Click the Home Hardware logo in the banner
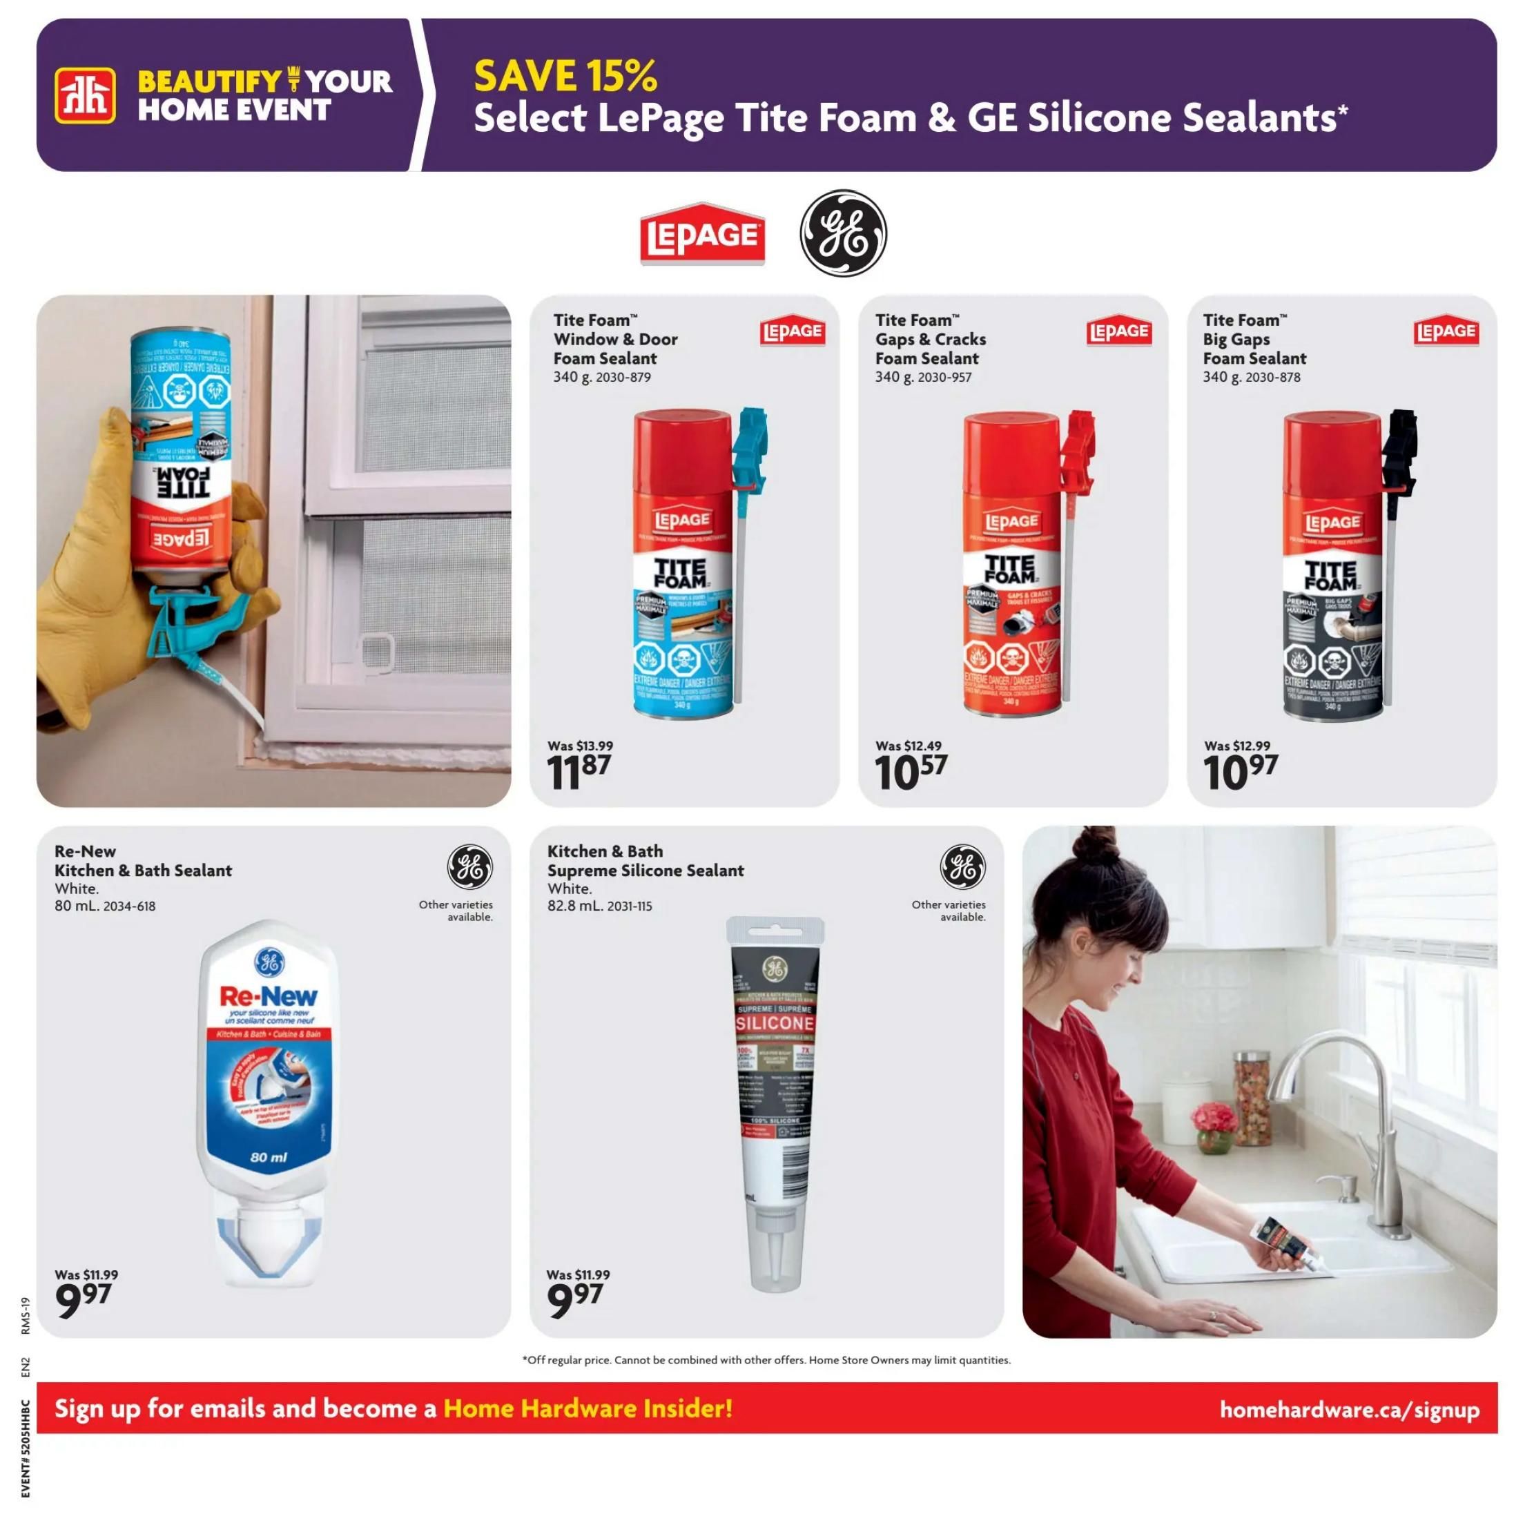pyautogui.click(x=85, y=95)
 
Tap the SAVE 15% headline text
pyautogui.click(x=565, y=76)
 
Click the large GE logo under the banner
pyautogui.click(x=842, y=233)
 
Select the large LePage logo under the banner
pyautogui.click(x=702, y=234)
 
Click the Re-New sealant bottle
pyautogui.click(x=269, y=1096)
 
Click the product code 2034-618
pyautogui.click(x=128, y=906)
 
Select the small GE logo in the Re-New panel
pyautogui.click(x=469, y=866)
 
